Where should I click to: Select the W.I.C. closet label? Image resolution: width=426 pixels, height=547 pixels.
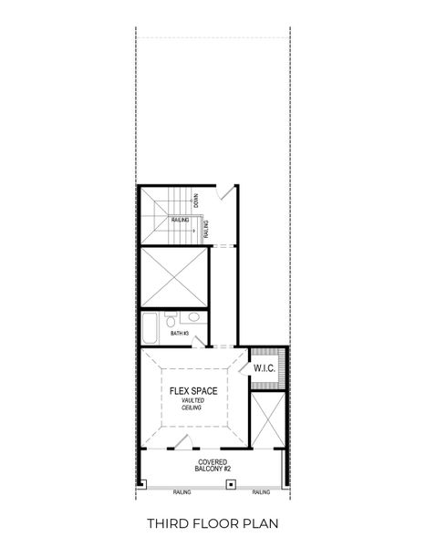[265, 369]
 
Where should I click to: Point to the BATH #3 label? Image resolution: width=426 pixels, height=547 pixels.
[180, 334]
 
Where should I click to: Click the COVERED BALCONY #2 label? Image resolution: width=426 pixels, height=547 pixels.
[213, 466]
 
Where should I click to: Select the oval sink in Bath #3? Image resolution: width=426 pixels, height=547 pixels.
[192, 318]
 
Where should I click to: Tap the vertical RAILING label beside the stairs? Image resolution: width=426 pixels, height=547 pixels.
[206, 228]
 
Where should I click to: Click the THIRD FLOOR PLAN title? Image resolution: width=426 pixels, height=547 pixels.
[213, 523]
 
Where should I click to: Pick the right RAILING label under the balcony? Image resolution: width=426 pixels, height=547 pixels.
[261, 492]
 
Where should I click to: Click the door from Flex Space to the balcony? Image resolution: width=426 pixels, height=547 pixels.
[182, 445]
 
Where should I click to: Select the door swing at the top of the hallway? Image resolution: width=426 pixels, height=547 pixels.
[227, 196]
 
